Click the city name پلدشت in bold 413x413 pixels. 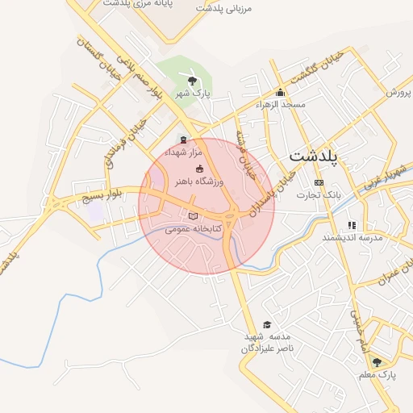(315, 155)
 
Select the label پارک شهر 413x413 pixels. (195, 94)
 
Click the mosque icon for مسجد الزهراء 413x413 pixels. (280, 91)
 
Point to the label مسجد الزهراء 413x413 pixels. (281, 105)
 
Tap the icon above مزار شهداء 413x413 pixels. (182, 139)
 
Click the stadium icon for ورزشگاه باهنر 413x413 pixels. (199, 167)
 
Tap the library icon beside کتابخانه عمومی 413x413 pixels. (192, 215)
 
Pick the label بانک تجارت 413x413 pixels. (319, 196)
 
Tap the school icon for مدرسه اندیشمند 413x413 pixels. (351, 225)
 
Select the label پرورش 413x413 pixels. (398, 92)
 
